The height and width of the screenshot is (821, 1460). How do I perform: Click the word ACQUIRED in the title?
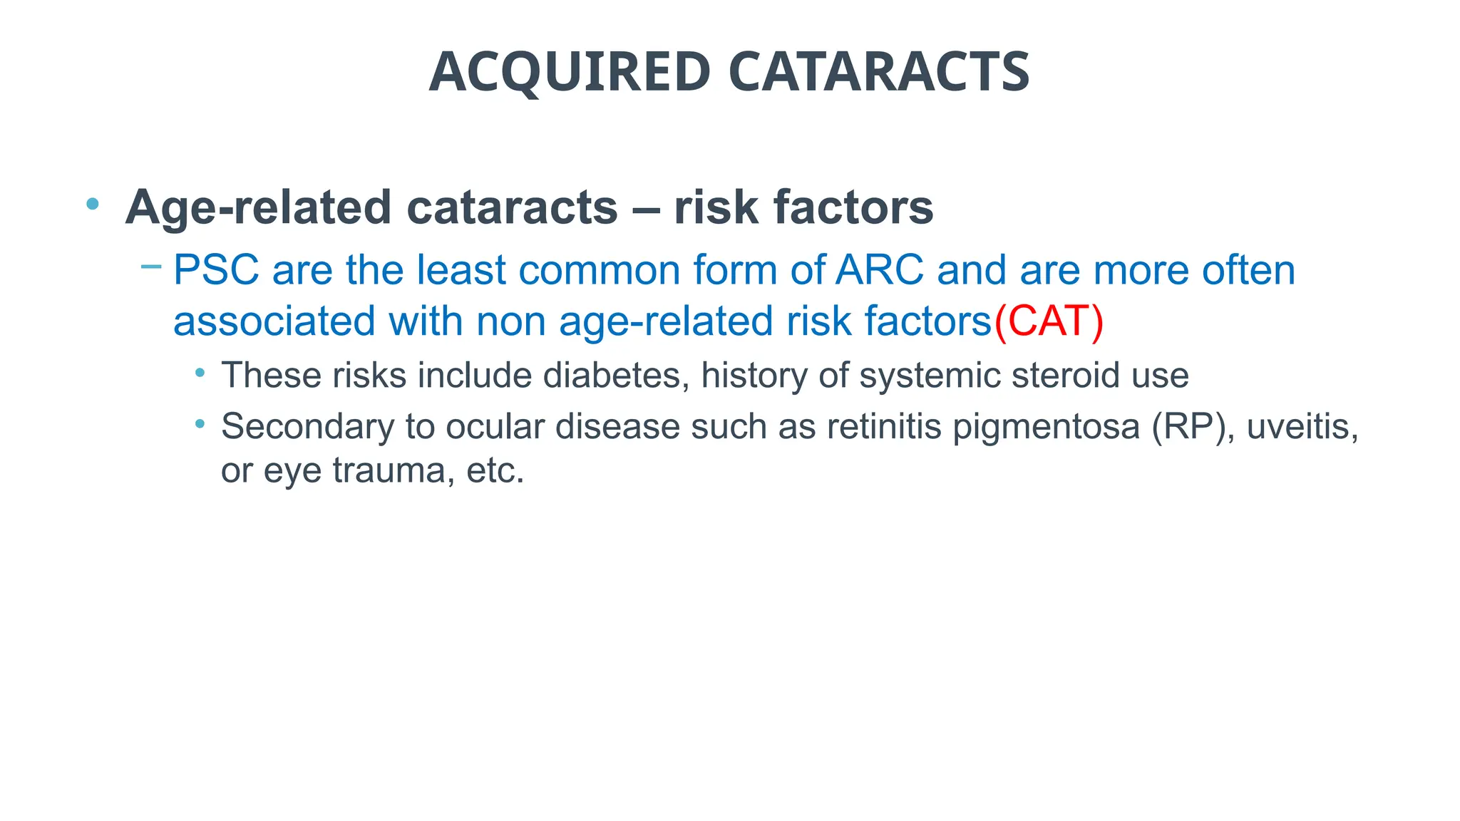point(570,72)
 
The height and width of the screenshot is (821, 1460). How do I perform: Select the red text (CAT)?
point(1049,321)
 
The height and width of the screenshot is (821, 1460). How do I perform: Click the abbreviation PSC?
point(216,270)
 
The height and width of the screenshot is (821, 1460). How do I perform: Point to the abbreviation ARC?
point(880,270)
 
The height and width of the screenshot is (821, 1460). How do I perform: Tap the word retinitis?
point(884,426)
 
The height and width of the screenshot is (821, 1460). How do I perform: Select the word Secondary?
point(307,426)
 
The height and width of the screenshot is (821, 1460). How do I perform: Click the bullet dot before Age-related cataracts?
point(92,205)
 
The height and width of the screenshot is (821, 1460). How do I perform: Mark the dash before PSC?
point(151,267)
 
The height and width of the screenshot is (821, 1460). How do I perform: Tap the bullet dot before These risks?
point(200,372)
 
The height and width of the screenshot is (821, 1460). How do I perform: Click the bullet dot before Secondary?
point(200,423)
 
